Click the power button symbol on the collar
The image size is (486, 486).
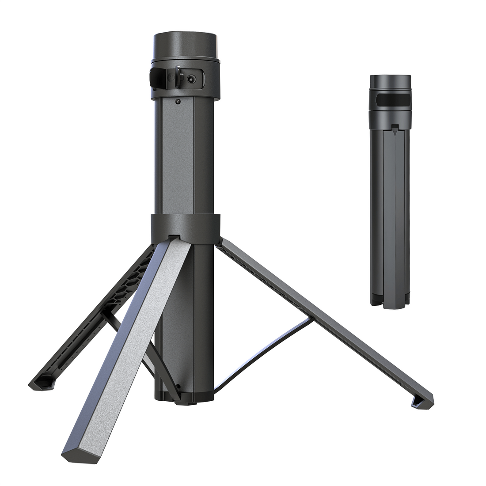tap(171, 79)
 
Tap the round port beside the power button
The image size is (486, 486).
tap(191, 79)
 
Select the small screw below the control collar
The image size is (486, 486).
tap(178, 102)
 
